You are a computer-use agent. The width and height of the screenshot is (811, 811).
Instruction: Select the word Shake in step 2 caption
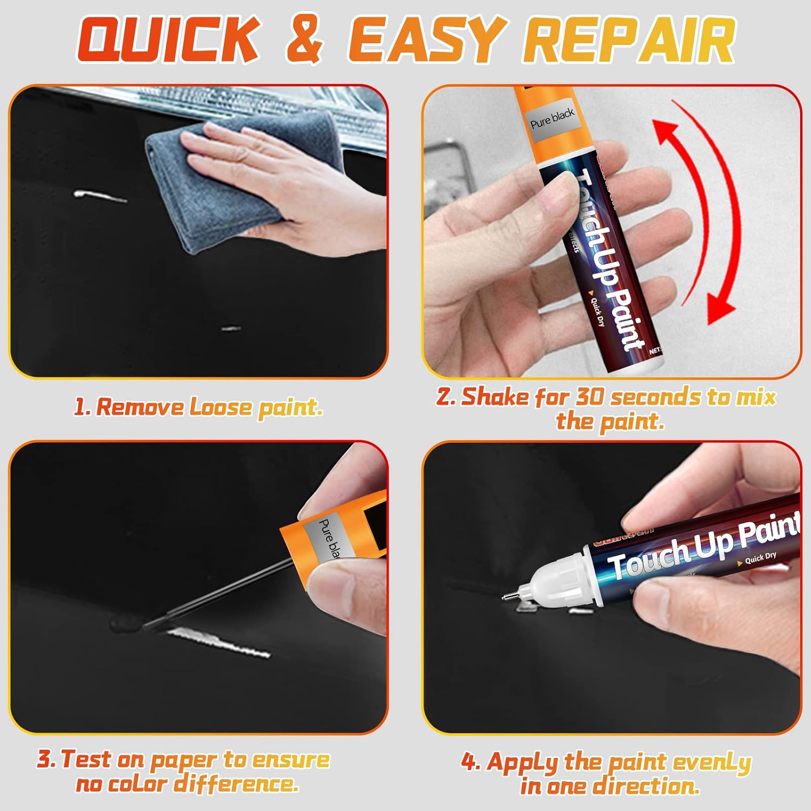(x=495, y=397)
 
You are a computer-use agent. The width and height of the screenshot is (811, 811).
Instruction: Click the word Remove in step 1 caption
(x=140, y=407)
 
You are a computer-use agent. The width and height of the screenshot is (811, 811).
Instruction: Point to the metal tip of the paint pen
(x=506, y=597)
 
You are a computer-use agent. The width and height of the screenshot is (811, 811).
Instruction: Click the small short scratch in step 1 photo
(x=231, y=328)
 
